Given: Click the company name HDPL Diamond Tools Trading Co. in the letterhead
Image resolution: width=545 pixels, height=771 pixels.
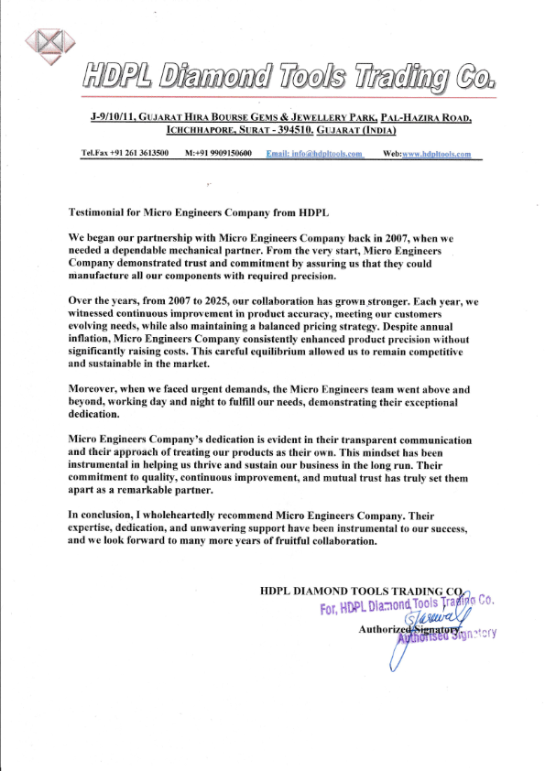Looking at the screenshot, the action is coord(289,77).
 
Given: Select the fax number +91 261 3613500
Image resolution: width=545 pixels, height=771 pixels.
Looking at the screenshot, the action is coord(137,153).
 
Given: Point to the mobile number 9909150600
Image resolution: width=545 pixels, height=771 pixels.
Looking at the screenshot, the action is coord(225,153).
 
